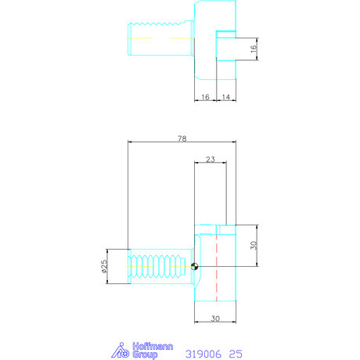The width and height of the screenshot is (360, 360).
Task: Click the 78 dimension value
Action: coord(182,139)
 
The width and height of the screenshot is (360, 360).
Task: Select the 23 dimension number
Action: coord(209,159)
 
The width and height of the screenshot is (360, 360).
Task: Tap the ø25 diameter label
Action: coord(103,267)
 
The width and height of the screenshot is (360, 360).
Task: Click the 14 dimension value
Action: coord(225,97)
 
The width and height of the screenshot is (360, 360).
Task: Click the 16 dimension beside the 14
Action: coord(204,97)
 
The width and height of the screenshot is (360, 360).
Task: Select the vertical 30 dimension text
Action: coord(253,245)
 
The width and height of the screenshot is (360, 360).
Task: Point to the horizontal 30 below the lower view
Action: coord(214,318)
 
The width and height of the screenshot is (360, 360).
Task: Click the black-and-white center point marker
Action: coord(195,267)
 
